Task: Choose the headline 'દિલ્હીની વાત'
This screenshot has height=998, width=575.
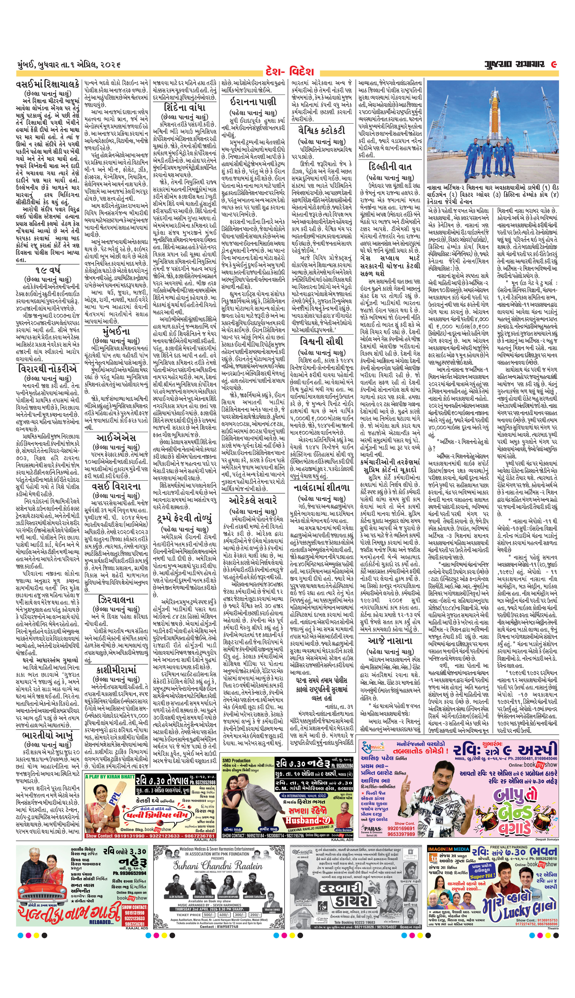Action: click(x=390, y=167)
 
